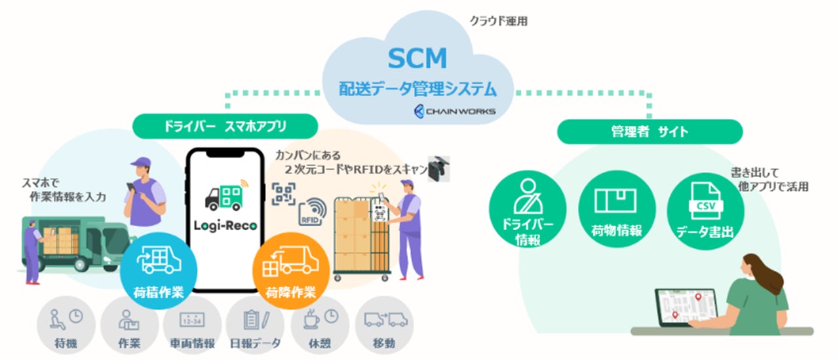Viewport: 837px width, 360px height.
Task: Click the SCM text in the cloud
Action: [x=417, y=59]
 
